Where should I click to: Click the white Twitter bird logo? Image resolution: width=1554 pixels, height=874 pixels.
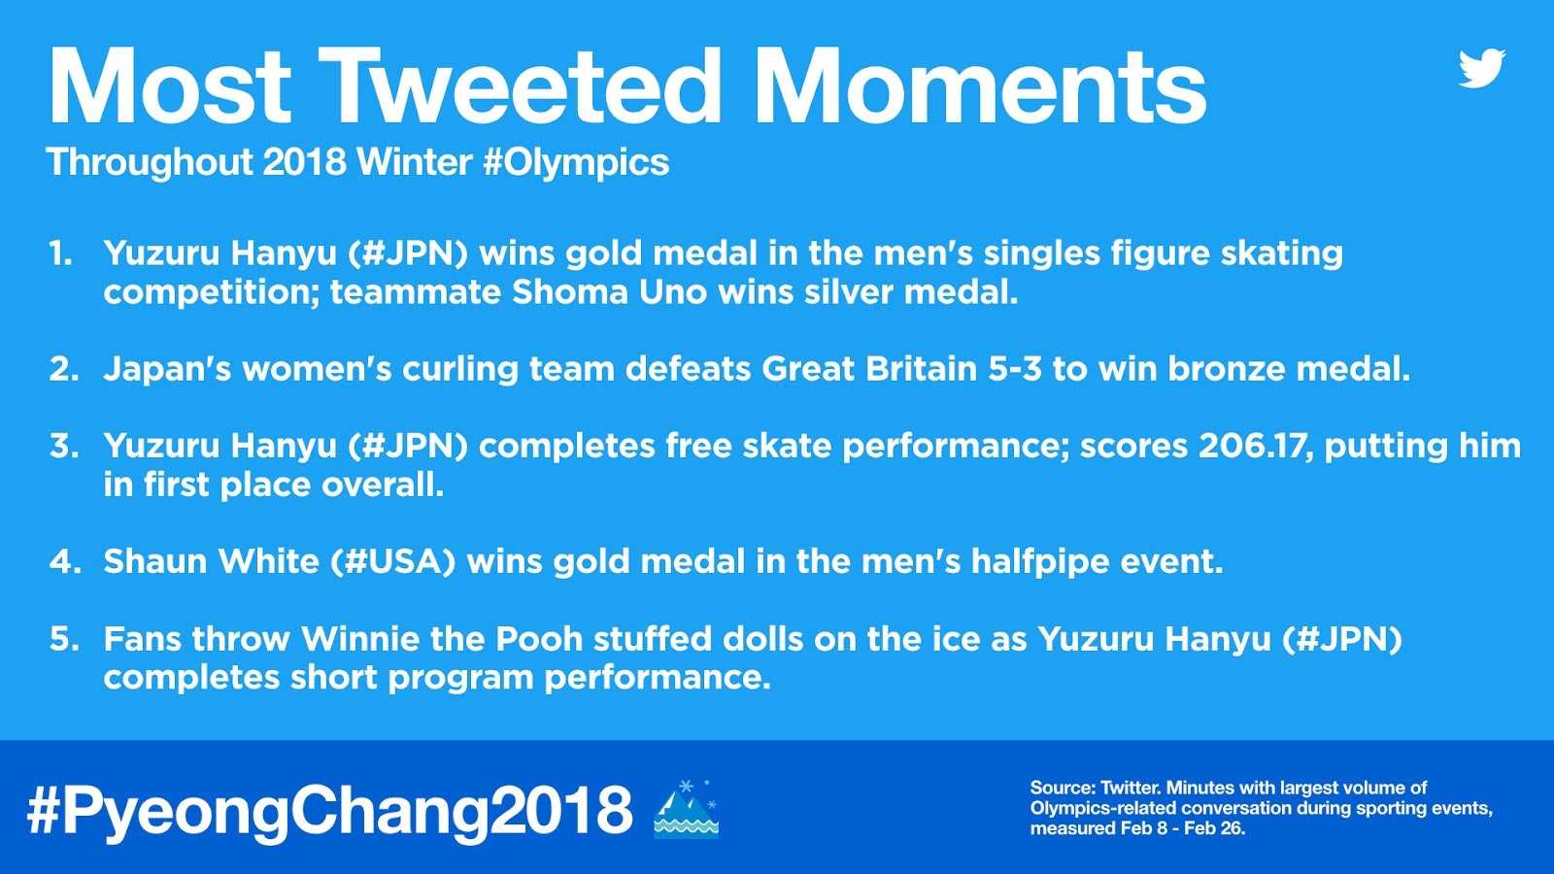pyautogui.click(x=1482, y=68)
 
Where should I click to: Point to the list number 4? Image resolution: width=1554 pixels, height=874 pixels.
pyautogui.click(x=65, y=562)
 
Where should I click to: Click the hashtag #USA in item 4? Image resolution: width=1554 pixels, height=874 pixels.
pyautogui.click(x=392, y=562)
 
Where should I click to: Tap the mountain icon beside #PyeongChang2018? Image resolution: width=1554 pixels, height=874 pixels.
pyautogui.click(x=686, y=809)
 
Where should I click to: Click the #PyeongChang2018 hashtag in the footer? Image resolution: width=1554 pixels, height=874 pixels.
pyautogui.click(x=329, y=811)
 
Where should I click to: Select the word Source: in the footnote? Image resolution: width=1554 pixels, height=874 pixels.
pyautogui.click(x=1063, y=788)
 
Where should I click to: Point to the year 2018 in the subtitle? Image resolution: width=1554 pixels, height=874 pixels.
pyautogui.click(x=305, y=162)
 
